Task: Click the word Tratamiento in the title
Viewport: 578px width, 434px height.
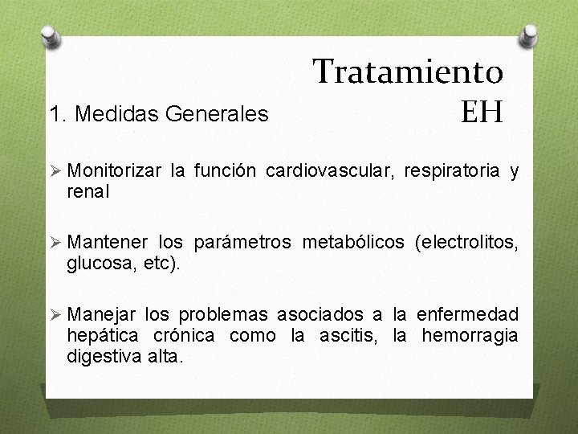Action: pos(408,72)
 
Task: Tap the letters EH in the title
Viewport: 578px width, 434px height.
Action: pos(482,111)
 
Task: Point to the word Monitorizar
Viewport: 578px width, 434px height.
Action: pos(118,170)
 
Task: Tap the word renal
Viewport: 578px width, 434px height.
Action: pos(88,192)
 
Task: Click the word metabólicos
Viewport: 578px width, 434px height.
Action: pos(355,243)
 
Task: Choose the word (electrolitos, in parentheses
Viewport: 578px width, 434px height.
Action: pos(466,243)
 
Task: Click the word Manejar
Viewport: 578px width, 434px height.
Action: pos(106,314)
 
